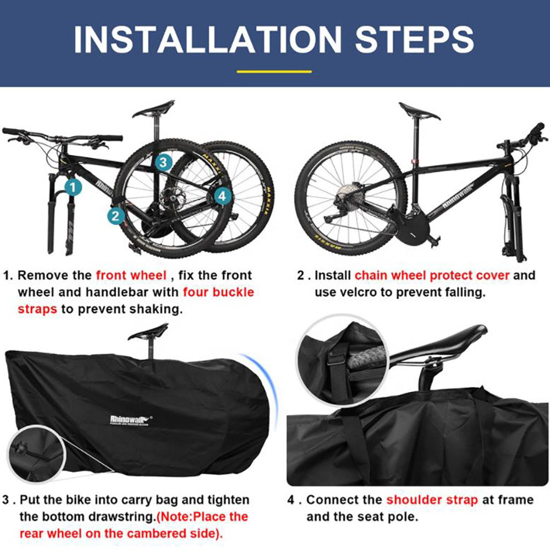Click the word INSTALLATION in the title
tap(208, 39)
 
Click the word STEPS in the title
tap(414, 39)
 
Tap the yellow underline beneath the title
tap(273, 71)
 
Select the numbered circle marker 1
tap(73, 186)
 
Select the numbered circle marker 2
tap(116, 215)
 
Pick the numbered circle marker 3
tap(163, 162)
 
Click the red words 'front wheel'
tap(131, 275)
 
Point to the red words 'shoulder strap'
tap(432, 499)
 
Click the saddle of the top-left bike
tap(153, 109)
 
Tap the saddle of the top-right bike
tap(419, 112)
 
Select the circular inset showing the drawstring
tap(31, 452)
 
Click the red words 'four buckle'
tap(218, 291)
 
